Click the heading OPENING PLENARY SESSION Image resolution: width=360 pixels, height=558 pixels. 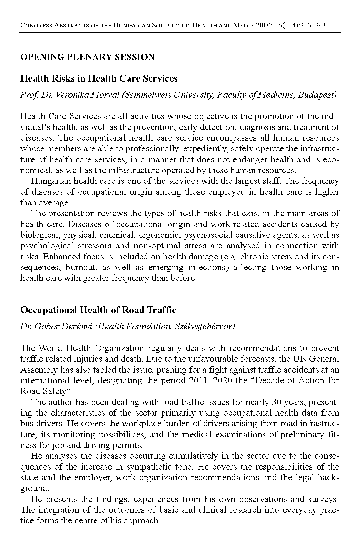[87, 57]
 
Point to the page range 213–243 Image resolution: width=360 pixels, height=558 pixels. [312, 25]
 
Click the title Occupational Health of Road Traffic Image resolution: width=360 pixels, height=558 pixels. [98, 310]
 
